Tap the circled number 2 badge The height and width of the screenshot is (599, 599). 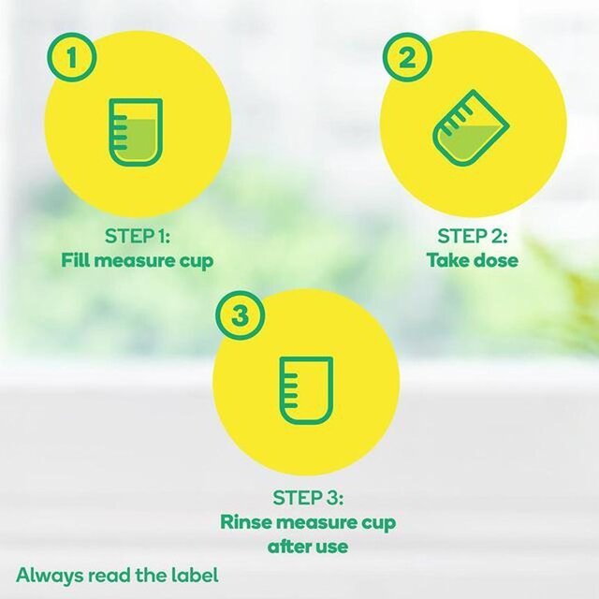[x=404, y=58]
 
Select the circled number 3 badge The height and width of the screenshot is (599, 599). [x=241, y=315]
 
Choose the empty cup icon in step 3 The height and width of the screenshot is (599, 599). [x=305, y=387]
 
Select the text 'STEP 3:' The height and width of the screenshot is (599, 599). [x=305, y=496]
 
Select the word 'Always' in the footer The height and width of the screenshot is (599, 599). [x=46, y=574]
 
